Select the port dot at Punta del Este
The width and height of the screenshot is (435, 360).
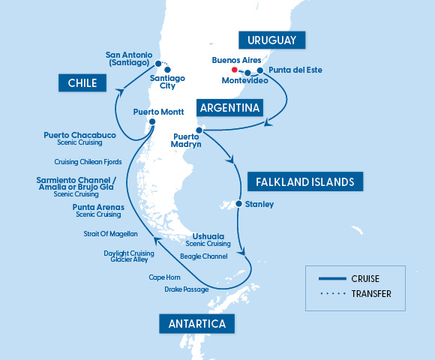click(x=260, y=70)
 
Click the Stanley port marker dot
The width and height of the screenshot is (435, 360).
click(x=238, y=204)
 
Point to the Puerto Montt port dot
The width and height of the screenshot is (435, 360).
click(x=152, y=122)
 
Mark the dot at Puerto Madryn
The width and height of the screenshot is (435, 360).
click(x=199, y=130)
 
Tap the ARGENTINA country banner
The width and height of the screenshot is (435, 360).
click(x=230, y=108)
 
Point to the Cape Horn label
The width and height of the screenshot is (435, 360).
click(x=164, y=277)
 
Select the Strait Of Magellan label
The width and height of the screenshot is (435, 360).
click(x=111, y=234)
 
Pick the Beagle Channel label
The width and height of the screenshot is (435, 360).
click(x=204, y=256)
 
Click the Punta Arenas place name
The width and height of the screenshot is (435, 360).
click(x=97, y=206)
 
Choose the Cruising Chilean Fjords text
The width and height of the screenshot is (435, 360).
click(x=88, y=161)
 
